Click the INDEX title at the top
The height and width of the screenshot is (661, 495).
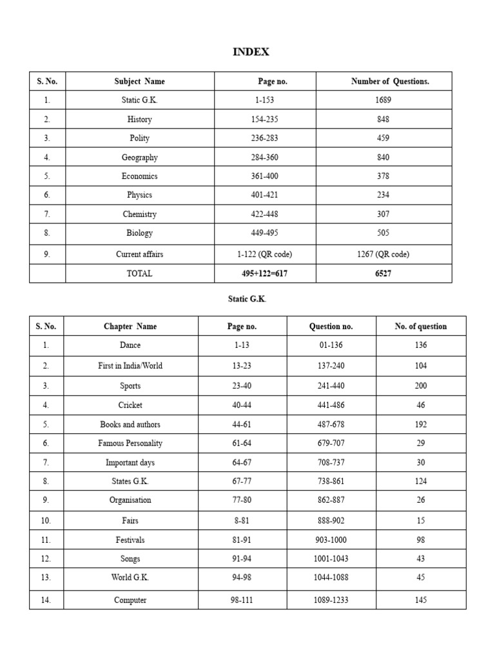(x=251, y=52)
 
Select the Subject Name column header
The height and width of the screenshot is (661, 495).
(x=139, y=81)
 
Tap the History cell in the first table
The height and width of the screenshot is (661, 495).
(x=139, y=119)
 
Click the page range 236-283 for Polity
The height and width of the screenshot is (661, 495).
(x=265, y=138)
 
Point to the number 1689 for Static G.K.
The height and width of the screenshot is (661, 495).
(x=383, y=100)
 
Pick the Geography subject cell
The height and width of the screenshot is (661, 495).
(x=139, y=158)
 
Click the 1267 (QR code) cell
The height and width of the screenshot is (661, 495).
(x=383, y=254)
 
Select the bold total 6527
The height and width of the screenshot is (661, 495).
(x=383, y=274)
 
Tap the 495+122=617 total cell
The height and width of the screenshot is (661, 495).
(x=265, y=274)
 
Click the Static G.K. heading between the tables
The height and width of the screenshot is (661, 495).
(x=247, y=300)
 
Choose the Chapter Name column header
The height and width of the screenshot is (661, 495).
(x=130, y=327)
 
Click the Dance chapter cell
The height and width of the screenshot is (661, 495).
(x=130, y=345)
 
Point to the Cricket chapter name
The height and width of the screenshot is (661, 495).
(x=130, y=405)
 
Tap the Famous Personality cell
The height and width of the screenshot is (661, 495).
(x=130, y=443)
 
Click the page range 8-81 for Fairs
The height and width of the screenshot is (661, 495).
(x=242, y=520)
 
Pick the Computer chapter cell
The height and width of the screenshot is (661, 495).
(x=130, y=600)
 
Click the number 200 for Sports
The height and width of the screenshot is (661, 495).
(x=421, y=386)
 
